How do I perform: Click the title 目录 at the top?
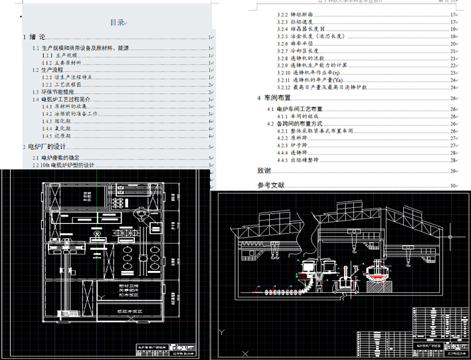coord(118,23)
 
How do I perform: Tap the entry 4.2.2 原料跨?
coord(294,137)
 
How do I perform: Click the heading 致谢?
coord(264,171)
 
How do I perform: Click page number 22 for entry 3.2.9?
coord(453,65)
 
